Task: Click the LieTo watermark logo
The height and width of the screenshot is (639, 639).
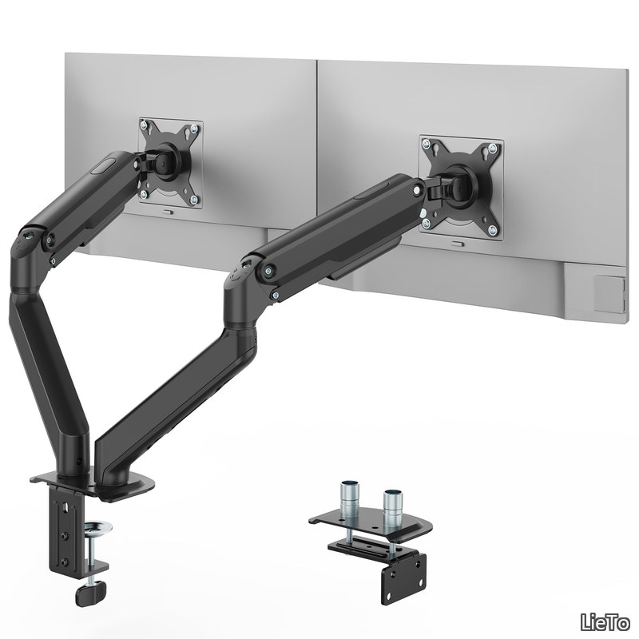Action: tap(605, 623)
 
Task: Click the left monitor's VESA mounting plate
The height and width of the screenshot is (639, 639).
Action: tap(170, 164)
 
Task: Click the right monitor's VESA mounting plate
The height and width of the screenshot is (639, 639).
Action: tap(461, 188)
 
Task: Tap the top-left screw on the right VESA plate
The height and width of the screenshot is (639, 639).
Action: tap(427, 143)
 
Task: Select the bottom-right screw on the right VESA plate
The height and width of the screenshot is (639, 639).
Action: tap(493, 230)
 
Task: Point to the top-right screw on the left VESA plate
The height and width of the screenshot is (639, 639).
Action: tap(194, 129)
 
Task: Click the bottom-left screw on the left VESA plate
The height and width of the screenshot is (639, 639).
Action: tap(144, 194)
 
